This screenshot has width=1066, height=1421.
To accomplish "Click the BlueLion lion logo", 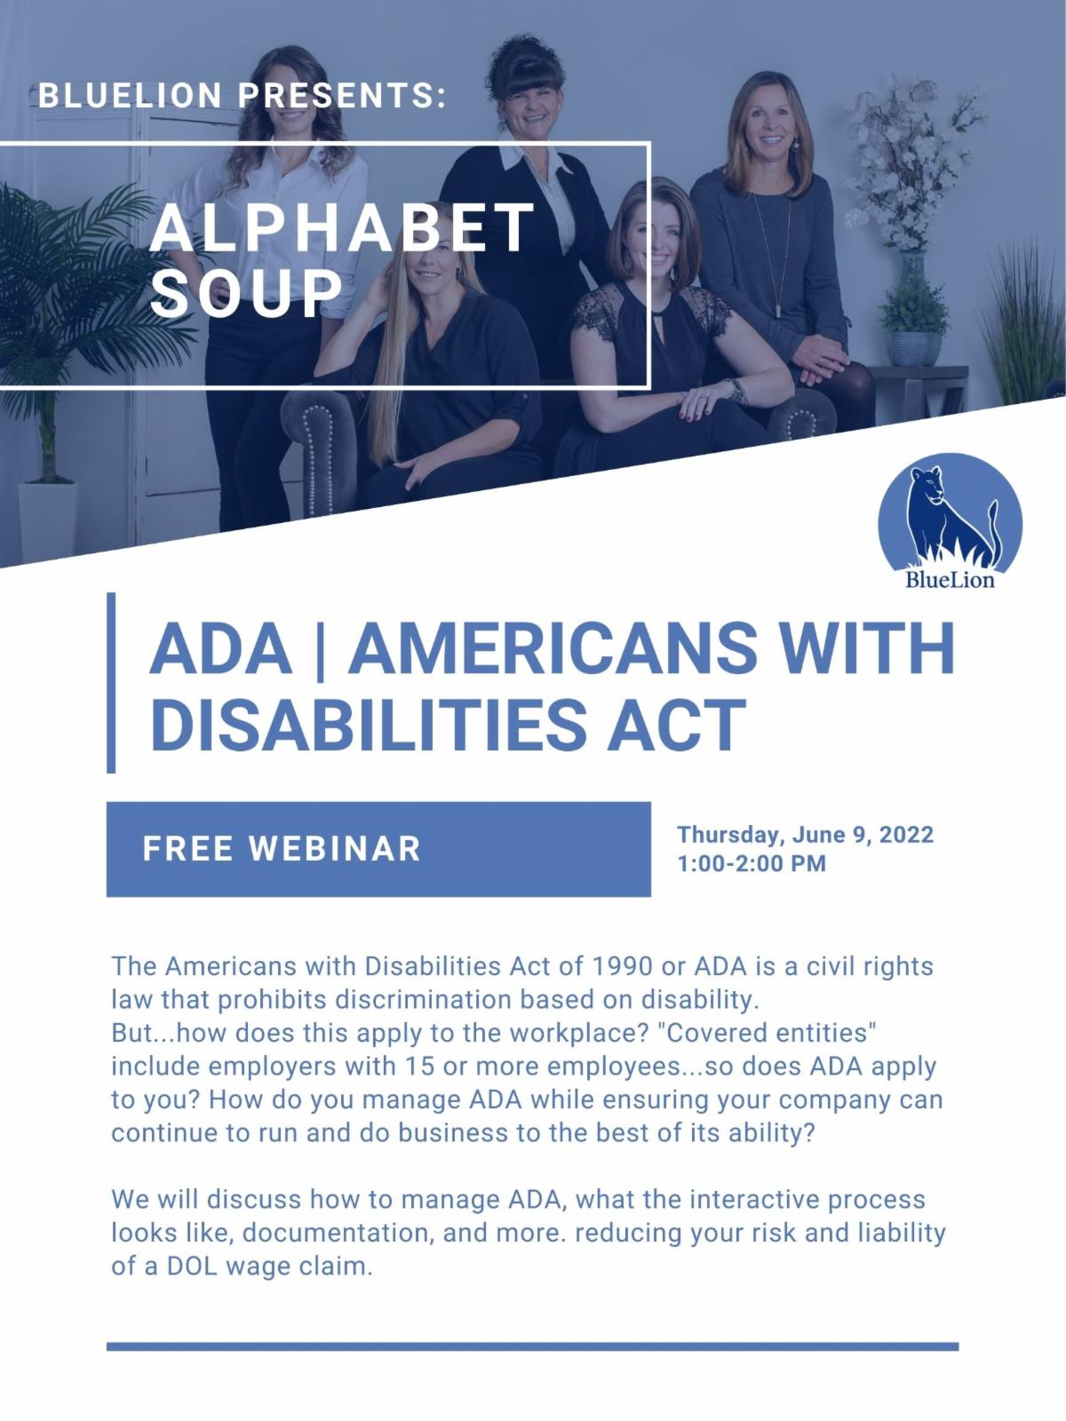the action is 950,521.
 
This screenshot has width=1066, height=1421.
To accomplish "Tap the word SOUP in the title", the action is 247,295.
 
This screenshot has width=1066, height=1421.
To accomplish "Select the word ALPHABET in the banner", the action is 342,227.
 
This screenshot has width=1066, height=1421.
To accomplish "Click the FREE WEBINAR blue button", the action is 378,849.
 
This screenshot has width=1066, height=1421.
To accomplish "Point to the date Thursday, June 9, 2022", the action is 805,834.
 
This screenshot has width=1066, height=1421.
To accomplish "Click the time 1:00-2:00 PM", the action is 752,863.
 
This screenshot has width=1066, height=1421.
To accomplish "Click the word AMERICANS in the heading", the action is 552,648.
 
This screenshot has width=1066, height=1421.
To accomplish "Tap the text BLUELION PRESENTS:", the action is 243,95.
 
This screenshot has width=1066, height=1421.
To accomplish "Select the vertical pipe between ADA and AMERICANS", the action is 319,649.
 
